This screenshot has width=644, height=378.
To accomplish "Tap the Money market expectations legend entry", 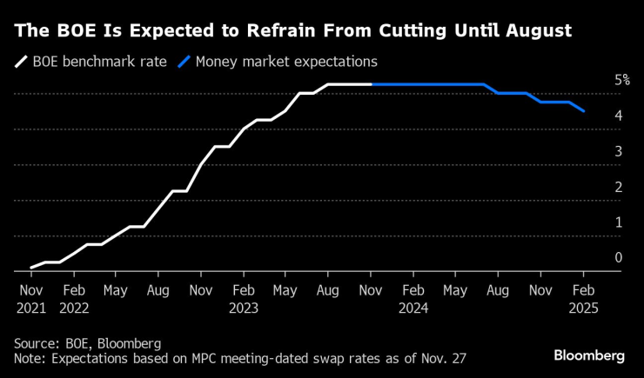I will (x=278, y=62).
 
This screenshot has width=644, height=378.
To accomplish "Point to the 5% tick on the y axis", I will (x=621, y=79).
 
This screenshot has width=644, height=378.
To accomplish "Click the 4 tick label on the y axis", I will (x=618, y=115).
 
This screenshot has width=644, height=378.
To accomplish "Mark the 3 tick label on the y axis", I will (x=618, y=150).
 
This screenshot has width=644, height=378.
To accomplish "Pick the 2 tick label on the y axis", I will (x=618, y=186).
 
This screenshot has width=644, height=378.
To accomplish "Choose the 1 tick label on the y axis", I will (x=618, y=222).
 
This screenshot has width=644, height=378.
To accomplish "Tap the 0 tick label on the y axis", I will (x=618, y=257).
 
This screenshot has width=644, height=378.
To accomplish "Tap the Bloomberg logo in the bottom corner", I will (x=589, y=355).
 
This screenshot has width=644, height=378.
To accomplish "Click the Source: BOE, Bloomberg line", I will (x=87, y=343).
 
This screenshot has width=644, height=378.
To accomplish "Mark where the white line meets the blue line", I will (x=372, y=84).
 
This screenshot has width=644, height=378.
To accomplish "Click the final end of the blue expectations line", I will (x=583, y=111).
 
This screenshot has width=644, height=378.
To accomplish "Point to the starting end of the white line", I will (x=30, y=268).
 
